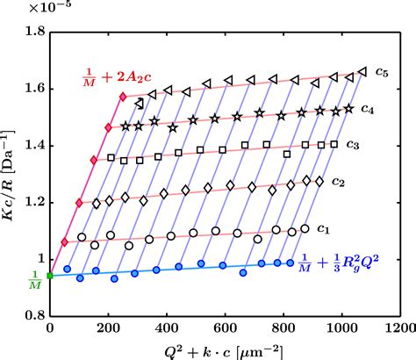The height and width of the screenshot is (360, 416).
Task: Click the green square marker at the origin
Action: [50, 276]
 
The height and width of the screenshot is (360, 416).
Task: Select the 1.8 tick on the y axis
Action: [35, 32]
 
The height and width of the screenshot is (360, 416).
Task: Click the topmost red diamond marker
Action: [123, 95]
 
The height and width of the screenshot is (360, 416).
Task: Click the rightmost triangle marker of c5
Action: [362, 72]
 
